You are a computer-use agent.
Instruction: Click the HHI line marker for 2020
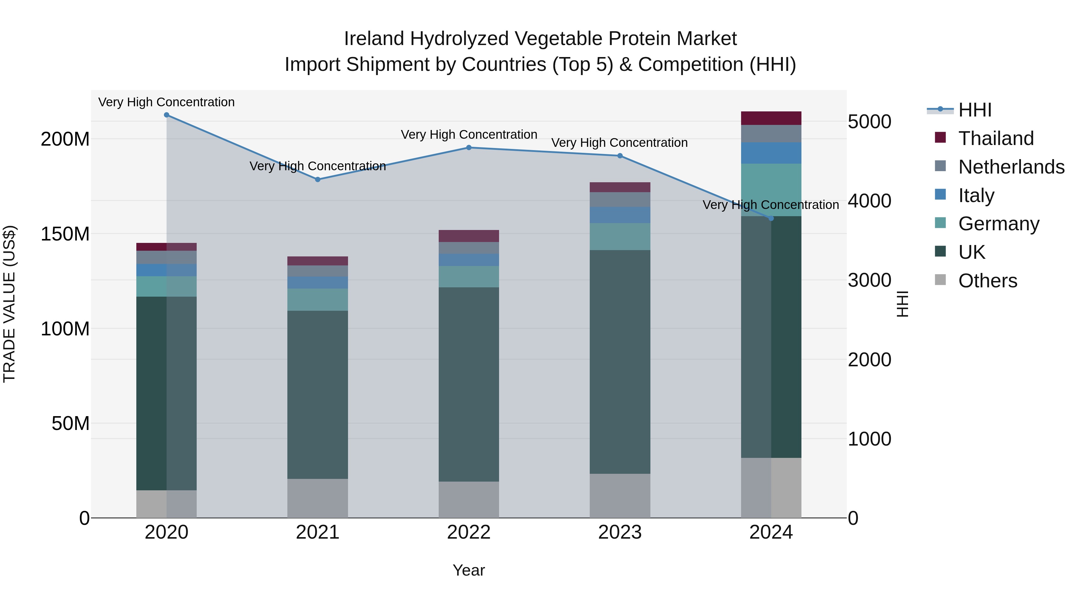[x=167, y=115]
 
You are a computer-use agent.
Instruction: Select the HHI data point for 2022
[x=469, y=148]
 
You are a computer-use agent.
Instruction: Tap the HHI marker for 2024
[x=771, y=218]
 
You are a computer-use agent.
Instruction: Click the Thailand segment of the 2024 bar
[x=771, y=118]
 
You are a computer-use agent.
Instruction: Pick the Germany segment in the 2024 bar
[x=771, y=190]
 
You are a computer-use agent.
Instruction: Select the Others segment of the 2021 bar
[x=318, y=498]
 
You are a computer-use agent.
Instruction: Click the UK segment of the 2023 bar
[x=620, y=362]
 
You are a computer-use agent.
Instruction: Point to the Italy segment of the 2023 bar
[x=620, y=215]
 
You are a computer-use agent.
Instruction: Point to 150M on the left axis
[x=65, y=234]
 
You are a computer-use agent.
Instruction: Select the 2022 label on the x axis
[x=469, y=532]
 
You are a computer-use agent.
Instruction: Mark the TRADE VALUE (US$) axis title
[x=9, y=304]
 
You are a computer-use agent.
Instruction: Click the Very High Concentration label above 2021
[x=318, y=166]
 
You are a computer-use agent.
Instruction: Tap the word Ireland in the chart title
[x=374, y=39]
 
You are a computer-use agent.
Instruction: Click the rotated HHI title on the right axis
[x=902, y=304]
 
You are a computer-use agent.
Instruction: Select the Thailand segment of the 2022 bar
[x=469, y=236]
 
